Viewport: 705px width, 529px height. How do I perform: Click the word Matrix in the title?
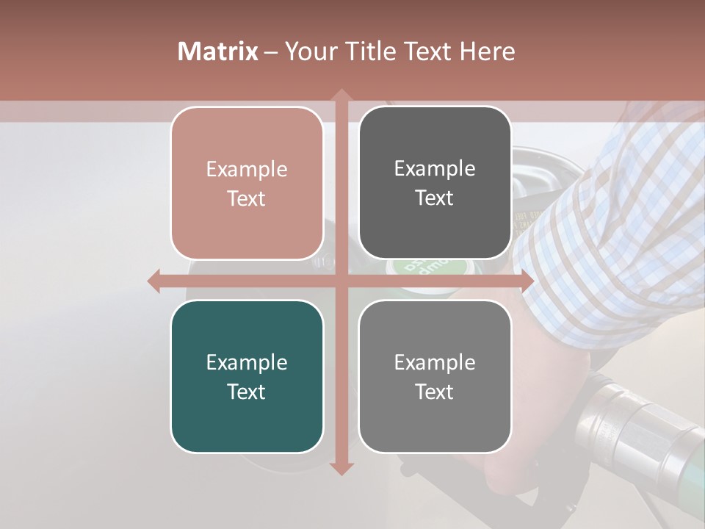(218, 51)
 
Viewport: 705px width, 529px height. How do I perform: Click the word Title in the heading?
(369, 51)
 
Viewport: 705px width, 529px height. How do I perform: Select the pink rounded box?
(247, 183)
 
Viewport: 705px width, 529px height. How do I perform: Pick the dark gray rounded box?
(435, 183)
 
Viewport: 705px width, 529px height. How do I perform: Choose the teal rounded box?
(247, 376)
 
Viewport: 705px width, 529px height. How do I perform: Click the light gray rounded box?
(435, 376)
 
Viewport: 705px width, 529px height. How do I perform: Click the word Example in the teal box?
(247, 362)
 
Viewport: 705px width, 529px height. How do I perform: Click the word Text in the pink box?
(247, 198)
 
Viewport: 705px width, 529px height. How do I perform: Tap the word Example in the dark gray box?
(435, 168)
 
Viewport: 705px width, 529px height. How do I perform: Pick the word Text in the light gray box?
(435, 392)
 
